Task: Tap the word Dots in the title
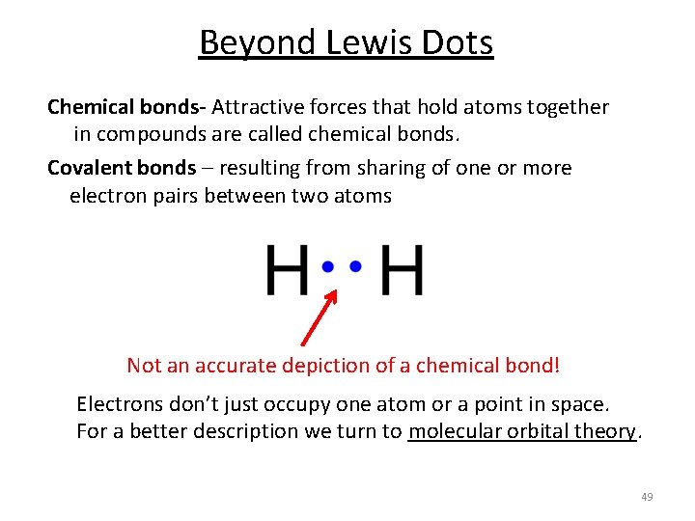pos(459,42)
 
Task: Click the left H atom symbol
pos(287,271)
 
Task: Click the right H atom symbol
pos(402,271)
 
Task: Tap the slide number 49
pos(647,497)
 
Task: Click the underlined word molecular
pos(453,431)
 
